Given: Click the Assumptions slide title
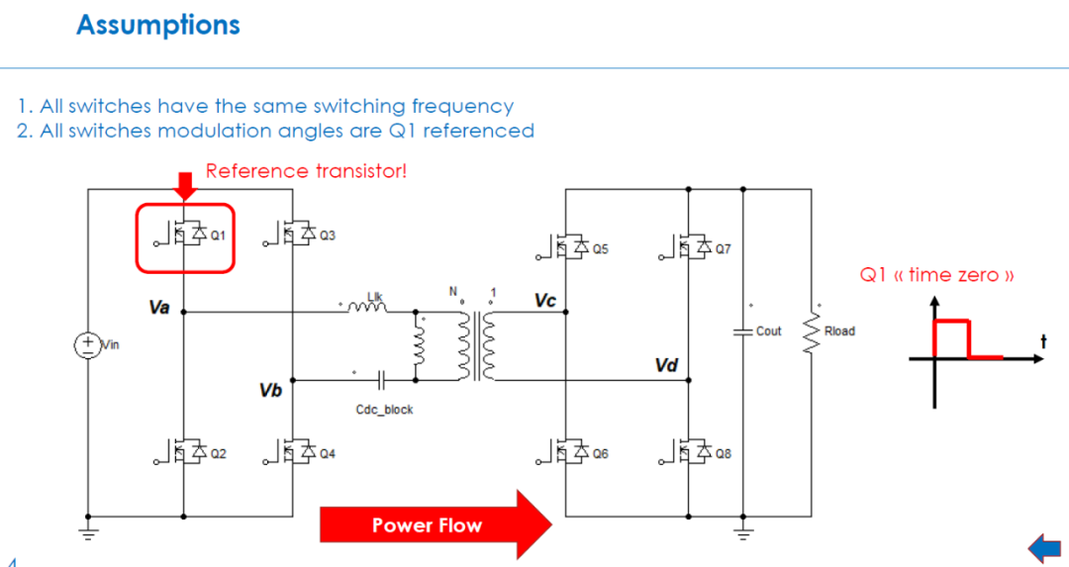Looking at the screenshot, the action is pos(158,26).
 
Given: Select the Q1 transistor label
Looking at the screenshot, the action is pos(218,236).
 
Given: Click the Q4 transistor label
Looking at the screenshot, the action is pos(328,453).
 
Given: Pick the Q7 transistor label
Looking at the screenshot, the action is pos(723,248).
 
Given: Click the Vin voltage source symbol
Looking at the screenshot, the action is pos(88,344).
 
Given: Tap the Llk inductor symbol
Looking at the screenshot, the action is pos(367,308).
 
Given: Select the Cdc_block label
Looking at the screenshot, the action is pos(384,410).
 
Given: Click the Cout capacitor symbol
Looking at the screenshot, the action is pos(743,331).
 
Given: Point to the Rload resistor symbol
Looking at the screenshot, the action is pos(812,333).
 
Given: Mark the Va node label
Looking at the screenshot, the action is pos(158,308).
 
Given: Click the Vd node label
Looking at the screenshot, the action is pos(666,365).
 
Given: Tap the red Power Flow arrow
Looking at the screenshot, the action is pos(436,524).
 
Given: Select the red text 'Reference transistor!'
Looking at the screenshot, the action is pos(306,170).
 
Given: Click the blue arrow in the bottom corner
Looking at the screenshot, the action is pos(1044,548).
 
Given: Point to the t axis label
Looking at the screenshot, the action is pos(1043,340).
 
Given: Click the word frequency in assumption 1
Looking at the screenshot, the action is pos(462,106).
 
